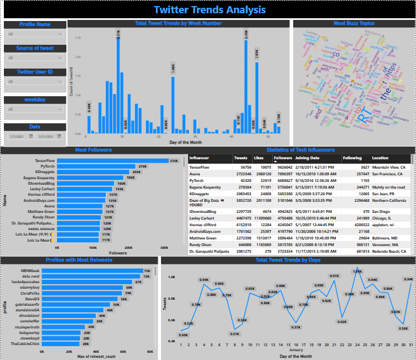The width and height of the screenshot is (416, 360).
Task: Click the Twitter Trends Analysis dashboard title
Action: [209, 9]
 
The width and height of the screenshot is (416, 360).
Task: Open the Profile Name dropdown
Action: [35, 34]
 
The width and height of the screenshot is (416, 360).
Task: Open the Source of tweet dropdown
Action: [35, 58]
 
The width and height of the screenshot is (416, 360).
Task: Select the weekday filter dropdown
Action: [35, 109]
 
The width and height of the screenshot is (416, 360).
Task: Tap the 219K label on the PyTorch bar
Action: [142, 166]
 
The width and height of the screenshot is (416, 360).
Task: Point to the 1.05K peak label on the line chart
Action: [357, 272]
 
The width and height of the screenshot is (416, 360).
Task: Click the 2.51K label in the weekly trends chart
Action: [118, 35]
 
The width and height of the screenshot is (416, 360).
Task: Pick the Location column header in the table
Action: [380, 158]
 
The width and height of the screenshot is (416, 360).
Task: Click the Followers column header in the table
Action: [283, 158]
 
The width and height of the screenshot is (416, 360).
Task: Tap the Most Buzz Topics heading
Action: [354, 24]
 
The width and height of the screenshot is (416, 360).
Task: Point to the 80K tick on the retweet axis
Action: [150, 352]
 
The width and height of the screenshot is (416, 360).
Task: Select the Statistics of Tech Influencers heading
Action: [300, 150]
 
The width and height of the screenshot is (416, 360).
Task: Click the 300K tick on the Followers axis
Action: [164, 247]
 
